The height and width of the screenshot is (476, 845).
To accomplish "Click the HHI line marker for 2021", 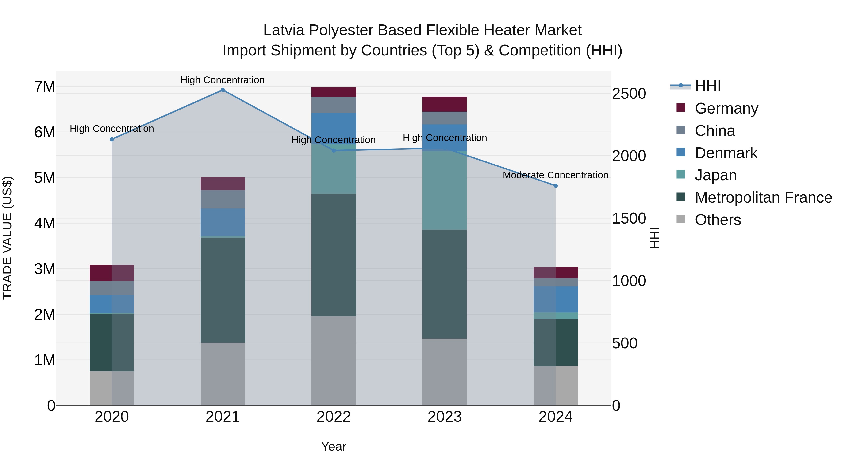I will (x=223, y=90).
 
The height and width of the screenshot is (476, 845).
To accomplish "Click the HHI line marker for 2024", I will (x=556, y=186).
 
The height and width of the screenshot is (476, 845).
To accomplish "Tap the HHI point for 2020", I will (x=112, y=139).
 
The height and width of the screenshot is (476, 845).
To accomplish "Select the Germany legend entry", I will (x=726, y=108).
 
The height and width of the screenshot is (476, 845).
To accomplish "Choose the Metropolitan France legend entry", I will (x=763, y=197).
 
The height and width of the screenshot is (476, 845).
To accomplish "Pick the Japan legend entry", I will (x=715, y=175).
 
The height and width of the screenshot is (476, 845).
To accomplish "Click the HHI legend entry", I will (x=707, y=86).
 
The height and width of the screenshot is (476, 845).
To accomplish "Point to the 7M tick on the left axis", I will (x=45, y=87).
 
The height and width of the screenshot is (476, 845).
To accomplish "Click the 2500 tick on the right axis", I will (x=629, y=94).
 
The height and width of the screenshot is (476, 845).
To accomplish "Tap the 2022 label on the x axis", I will (x=334, y=417).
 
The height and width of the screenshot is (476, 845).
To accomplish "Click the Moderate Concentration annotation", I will (x=555, y=175).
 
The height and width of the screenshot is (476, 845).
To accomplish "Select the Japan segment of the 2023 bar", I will (x=445, y=191).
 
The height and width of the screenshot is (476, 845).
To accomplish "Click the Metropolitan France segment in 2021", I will (x=223, y=290).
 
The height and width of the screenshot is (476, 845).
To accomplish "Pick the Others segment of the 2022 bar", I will (x=334, y=361).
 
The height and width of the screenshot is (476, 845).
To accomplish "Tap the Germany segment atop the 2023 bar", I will (x=445, y=104).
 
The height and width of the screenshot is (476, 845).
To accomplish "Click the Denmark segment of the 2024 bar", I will (x=556, y=299).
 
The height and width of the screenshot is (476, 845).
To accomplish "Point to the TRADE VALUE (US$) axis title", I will (x=7, y=238).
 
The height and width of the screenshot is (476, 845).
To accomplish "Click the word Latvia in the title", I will (x=284, y=30).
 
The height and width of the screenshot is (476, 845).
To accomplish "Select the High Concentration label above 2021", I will (x=223, y=80).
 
